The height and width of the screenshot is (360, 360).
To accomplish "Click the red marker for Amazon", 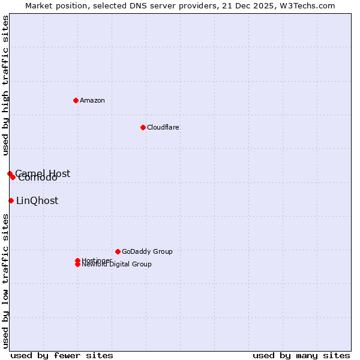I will (76, 100).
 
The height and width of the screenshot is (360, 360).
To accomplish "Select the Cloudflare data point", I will (143, 127).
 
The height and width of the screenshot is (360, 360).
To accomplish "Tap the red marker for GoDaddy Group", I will (118, 251).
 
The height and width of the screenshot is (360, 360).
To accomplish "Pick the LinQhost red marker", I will (11, 200).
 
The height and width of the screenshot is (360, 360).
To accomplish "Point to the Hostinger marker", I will (77, 260).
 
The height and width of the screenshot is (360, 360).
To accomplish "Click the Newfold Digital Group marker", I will (77, 265).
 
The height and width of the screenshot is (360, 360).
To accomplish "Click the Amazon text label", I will (92, 100).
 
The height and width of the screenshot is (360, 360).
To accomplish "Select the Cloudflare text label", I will (163, 127).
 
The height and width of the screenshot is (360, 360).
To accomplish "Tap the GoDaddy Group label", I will (147, 251).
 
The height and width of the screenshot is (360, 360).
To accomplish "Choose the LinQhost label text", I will (37, 201).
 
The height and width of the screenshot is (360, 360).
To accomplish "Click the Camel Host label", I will (43, 173).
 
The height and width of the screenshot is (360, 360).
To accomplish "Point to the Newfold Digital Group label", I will (117, 265).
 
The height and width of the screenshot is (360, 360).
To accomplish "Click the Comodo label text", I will (38, 178).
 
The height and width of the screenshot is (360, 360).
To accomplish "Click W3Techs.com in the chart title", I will (306, 6).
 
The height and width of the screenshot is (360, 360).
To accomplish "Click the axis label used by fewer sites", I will (62, 355).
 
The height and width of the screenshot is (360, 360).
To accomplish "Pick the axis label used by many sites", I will (301, 355).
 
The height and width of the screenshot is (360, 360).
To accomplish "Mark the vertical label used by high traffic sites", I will (6, 86).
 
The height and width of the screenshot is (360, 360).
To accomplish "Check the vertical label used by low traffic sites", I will (6, 281).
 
